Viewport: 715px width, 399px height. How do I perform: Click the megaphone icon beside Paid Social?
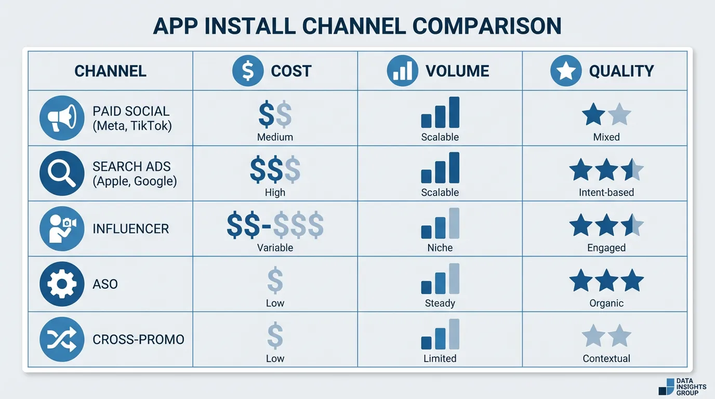(x=62, y=118)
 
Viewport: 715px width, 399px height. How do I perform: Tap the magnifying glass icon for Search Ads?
(x=62, y=174)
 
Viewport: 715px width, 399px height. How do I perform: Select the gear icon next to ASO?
(x=62, y=284)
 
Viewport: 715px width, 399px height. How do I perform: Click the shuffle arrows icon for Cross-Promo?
(x=62, y=340)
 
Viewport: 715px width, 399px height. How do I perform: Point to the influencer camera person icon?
(x=62, y=229)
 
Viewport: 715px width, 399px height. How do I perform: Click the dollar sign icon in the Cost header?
(x=248, y=71)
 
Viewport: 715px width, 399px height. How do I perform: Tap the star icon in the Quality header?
(x=565, y=71)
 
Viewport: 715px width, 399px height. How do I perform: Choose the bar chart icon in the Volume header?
(x=402, y=71)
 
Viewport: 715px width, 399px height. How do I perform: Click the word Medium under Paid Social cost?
(x=275, y=137)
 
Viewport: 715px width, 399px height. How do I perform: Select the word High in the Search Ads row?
(x=275, y=192)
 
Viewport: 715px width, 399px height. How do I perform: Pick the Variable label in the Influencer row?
(x=275, y=248)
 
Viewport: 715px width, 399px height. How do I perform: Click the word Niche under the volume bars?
(x=440, y=248)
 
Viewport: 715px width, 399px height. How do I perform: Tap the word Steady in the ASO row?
(x=440, y=303)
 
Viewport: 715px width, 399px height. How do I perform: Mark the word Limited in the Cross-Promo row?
(x=440, y=358)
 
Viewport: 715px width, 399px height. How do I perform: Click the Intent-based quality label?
(x=606, y=192)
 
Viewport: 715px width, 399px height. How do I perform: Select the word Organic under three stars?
(x=606, y=303)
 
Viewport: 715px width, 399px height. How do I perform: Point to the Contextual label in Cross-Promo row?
(x=606, y=358)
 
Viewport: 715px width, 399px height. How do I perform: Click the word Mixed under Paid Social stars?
(x=606, y=137)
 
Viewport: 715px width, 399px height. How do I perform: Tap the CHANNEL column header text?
(x=110, y=71)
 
